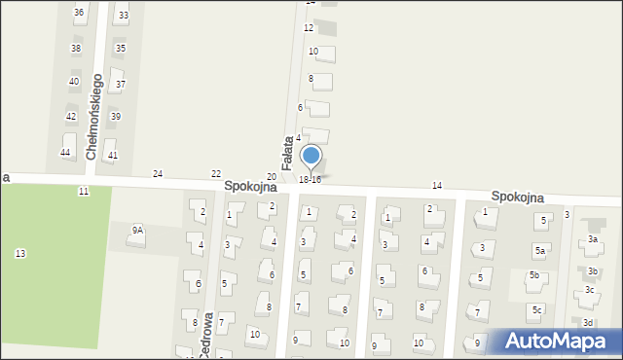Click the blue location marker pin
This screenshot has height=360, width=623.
tap(311, 156)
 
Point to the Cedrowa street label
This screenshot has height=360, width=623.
tap(206, 339)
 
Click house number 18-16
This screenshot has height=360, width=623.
tap(310, 180)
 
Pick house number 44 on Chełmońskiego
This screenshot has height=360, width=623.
tap(65, 153)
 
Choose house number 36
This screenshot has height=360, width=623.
tap(79, 12)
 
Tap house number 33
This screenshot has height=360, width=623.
tap(123, 16)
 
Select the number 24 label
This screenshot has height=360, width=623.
tap(158, 173)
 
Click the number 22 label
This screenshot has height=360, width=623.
tap(216, 173)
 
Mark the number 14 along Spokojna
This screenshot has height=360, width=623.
tap(437, 185)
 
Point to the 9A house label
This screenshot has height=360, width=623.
tap(138, 231)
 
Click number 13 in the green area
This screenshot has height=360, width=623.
tap(20, 254)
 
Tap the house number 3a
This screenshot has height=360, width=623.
tap(592, 239)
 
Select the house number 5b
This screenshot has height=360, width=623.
tap(534, 275)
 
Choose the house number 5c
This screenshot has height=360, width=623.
tap(536, 310)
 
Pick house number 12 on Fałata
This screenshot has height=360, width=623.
tap(309, 28)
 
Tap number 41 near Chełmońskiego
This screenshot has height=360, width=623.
tap(113, 156)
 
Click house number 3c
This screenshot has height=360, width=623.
tap(589, 290)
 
